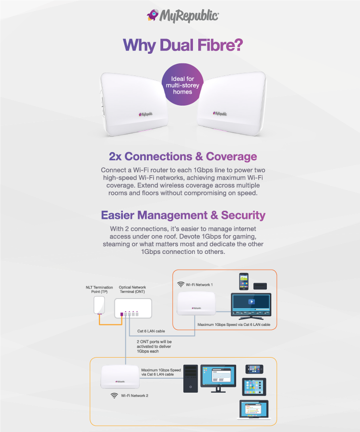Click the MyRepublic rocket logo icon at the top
(152, 15)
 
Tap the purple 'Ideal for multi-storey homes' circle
(182, 84)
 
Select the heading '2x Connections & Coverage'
(183, 156)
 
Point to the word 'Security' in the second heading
(243, 215)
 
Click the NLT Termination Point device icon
(99, 305)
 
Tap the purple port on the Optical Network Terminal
(122, 314)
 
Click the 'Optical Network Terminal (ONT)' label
(132, 289)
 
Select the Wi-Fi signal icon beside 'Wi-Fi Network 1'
(180, 284)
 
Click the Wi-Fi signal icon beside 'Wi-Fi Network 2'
(114, 396)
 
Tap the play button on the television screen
(251, 301)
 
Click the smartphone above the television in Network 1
(243, 281)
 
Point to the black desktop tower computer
(191, 379)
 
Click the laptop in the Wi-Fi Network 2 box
(254, 410)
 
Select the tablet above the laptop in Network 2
(254, 386)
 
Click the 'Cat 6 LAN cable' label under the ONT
(151, 331)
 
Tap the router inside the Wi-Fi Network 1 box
(196, 303)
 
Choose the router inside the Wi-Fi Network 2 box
(120, 377)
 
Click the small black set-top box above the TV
(260, 286)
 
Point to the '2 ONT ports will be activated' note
(154, 346)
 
